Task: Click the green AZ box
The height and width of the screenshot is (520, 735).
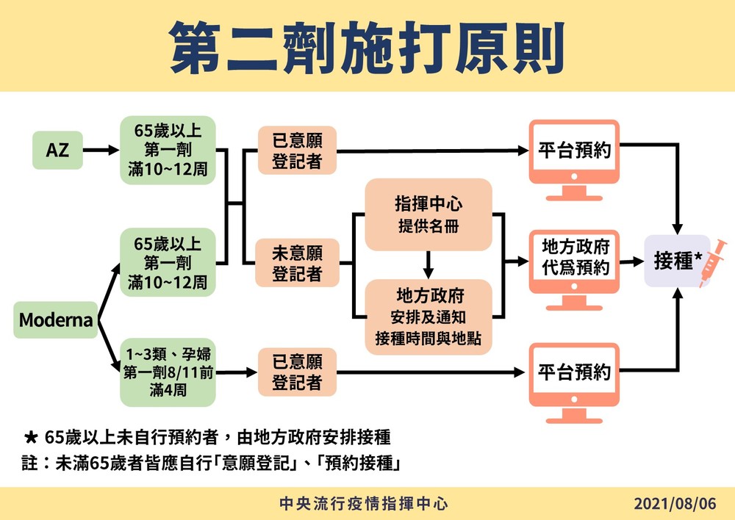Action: (x=57, y=151)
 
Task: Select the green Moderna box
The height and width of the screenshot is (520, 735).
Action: (x=56, y=320)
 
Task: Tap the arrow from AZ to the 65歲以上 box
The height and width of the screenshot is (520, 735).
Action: (x=101, y=151)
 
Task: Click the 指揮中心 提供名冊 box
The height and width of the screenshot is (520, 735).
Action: (x=428, y=213)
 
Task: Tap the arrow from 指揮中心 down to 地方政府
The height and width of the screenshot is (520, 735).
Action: (x=428, y=262)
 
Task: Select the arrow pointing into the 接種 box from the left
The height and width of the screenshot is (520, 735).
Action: (x=628, y=261)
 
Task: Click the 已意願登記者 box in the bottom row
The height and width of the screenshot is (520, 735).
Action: (x=297, y=372)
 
